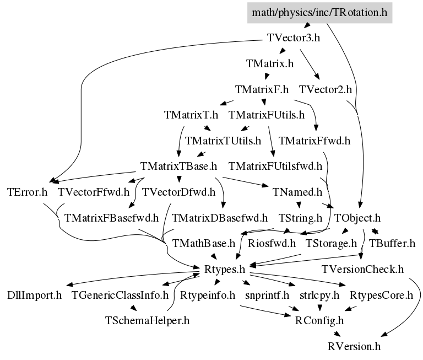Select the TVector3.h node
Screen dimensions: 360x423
[x=294, y=38]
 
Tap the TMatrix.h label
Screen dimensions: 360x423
[x=270, y=63]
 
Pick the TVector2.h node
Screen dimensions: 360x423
[x=326, y=89]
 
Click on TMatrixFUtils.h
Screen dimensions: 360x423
[x=267, y=115]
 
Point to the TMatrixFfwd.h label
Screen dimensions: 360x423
[x=314, y=141]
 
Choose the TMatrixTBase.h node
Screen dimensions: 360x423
[x=179, y=166]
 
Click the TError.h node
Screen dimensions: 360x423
[x=28, y=192]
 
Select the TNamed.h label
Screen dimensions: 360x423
[x=297, y=192]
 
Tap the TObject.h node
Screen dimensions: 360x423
[x=358, y=217]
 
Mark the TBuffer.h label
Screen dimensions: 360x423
[x=392, y=243]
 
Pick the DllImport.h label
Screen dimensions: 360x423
[x=35, y=295]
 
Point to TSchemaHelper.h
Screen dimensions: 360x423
[x=148, y=320]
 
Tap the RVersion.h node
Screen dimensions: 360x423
[x=354, y=346]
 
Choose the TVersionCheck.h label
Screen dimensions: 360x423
[x=363, y=269]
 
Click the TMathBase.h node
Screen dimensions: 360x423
[x=204, y=243]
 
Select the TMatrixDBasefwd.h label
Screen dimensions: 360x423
[x=220, y=217]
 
